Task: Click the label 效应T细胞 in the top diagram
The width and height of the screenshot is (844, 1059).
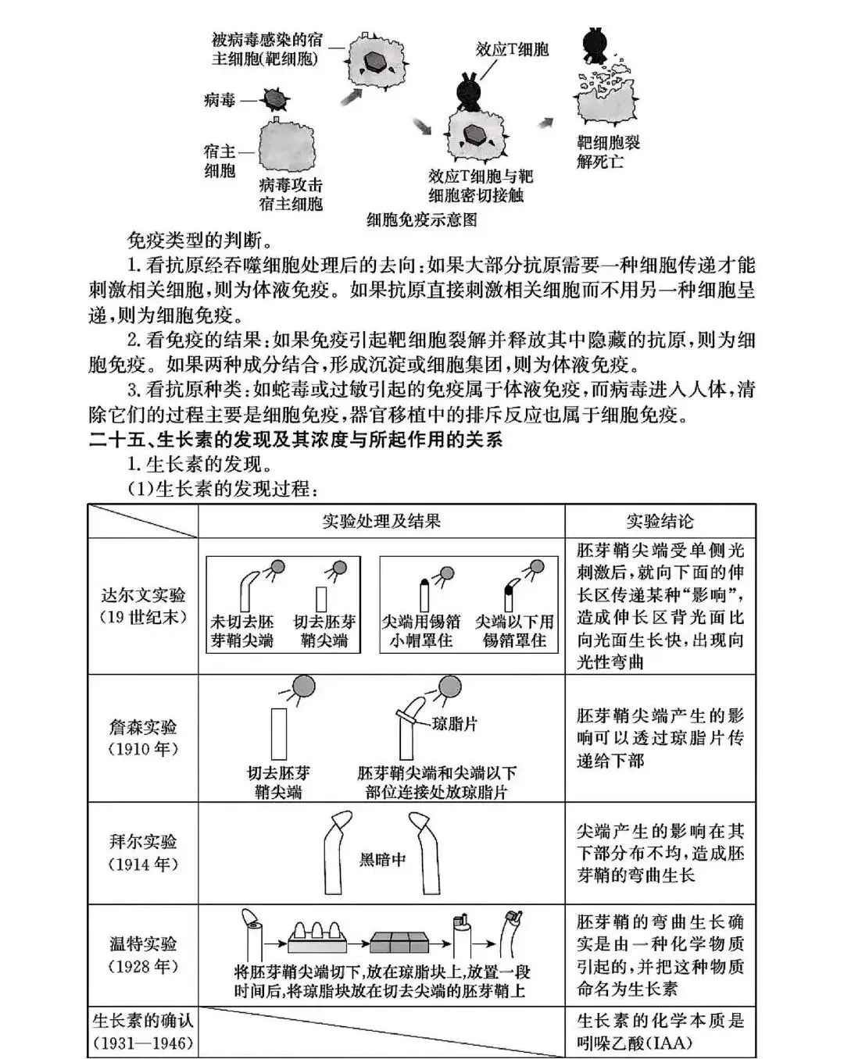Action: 512,50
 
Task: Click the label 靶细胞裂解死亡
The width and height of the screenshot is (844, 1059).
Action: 608,152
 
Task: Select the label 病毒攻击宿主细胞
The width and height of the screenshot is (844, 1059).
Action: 290,194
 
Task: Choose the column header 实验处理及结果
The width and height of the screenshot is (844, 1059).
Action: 381,521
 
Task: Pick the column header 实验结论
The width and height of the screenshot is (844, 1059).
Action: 660,521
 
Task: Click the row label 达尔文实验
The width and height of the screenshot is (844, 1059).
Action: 144,595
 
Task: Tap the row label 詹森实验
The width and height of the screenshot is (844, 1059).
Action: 144,727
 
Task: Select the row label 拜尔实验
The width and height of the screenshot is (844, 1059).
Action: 144,842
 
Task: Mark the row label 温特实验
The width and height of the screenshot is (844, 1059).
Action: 144,943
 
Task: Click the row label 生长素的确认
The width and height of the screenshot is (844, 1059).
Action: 143,1020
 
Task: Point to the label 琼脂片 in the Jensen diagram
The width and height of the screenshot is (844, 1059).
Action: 455,724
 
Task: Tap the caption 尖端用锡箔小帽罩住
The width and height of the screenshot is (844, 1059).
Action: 420,631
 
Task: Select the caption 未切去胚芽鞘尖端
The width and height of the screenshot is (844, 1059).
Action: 242,631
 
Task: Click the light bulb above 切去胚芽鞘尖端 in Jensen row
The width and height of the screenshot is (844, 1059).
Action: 304,686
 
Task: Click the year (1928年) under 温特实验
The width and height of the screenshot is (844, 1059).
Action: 144,967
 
